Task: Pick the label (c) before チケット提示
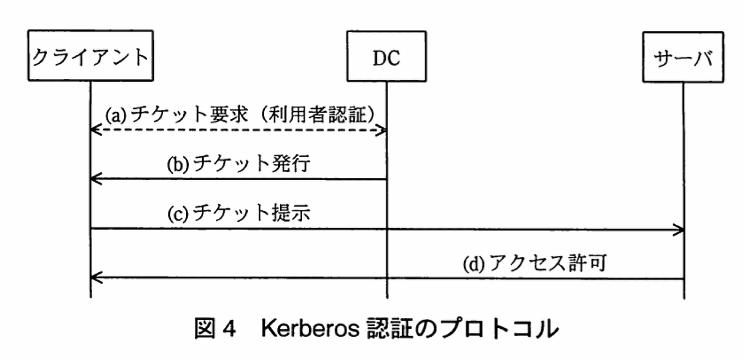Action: (179, 214)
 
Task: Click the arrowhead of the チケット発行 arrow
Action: (95, 179)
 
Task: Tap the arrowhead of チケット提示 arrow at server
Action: (678, 228)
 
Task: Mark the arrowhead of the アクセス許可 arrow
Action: (95, 277)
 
